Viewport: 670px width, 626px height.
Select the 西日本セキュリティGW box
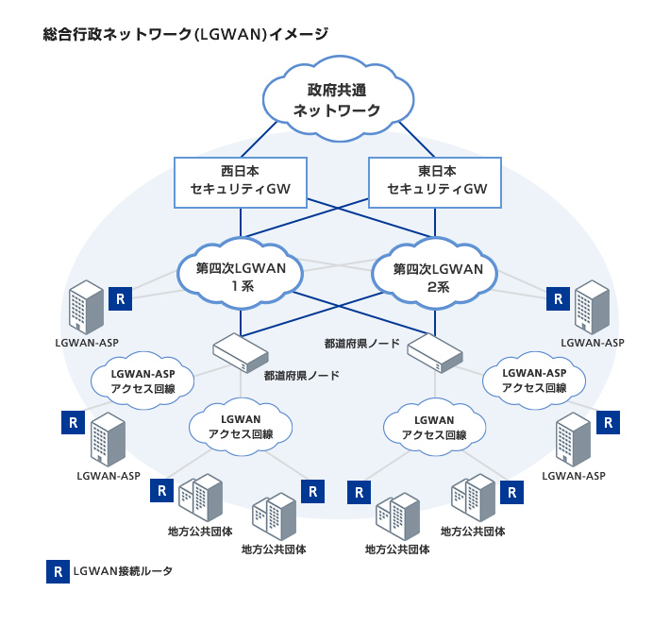[x=241, y=181]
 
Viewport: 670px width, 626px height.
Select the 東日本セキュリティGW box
[x=436, y=181]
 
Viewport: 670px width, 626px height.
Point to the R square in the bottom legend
[x=58, y=571]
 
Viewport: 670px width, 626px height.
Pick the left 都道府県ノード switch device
[x=240, y=354]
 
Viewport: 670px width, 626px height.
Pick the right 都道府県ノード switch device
[x=435, y=353]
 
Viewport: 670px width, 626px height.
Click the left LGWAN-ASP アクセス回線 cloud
[x=143, y=381]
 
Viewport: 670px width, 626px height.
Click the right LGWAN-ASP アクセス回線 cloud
[x=533, y=381]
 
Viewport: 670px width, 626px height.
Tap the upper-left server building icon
[x=86, y=307]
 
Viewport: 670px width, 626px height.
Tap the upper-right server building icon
[x=593, y=307]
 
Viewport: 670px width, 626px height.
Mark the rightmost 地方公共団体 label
[x=473, y=532]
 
